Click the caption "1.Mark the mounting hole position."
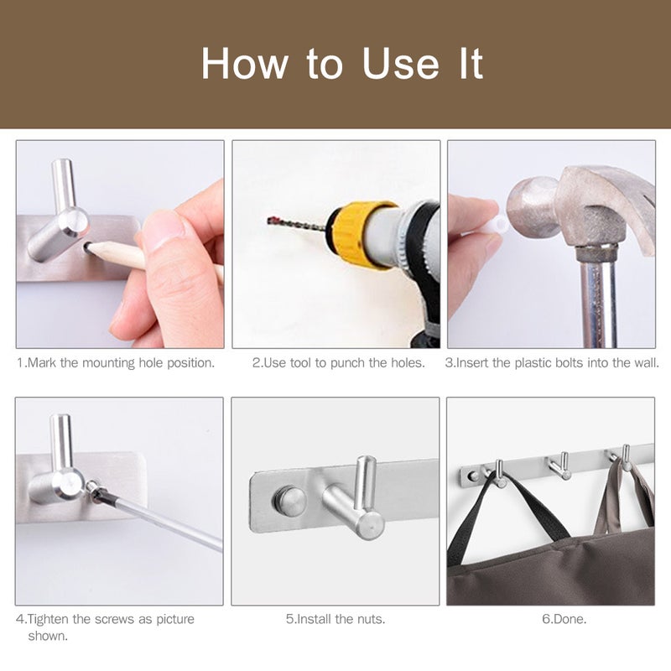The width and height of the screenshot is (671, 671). pos(116,363)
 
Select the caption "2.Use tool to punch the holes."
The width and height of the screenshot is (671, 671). pos(339,363)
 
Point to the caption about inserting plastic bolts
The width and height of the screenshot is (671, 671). pos(552,363)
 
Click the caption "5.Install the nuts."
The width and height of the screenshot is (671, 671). pos(335,620)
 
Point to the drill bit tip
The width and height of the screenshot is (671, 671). pos(271,221)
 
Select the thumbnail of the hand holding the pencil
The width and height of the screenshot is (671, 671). pos(120,244)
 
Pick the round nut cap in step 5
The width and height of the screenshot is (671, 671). pos(292,502)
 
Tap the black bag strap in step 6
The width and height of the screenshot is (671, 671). pos(470,520)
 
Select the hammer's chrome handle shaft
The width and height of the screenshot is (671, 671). pos(597,294)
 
